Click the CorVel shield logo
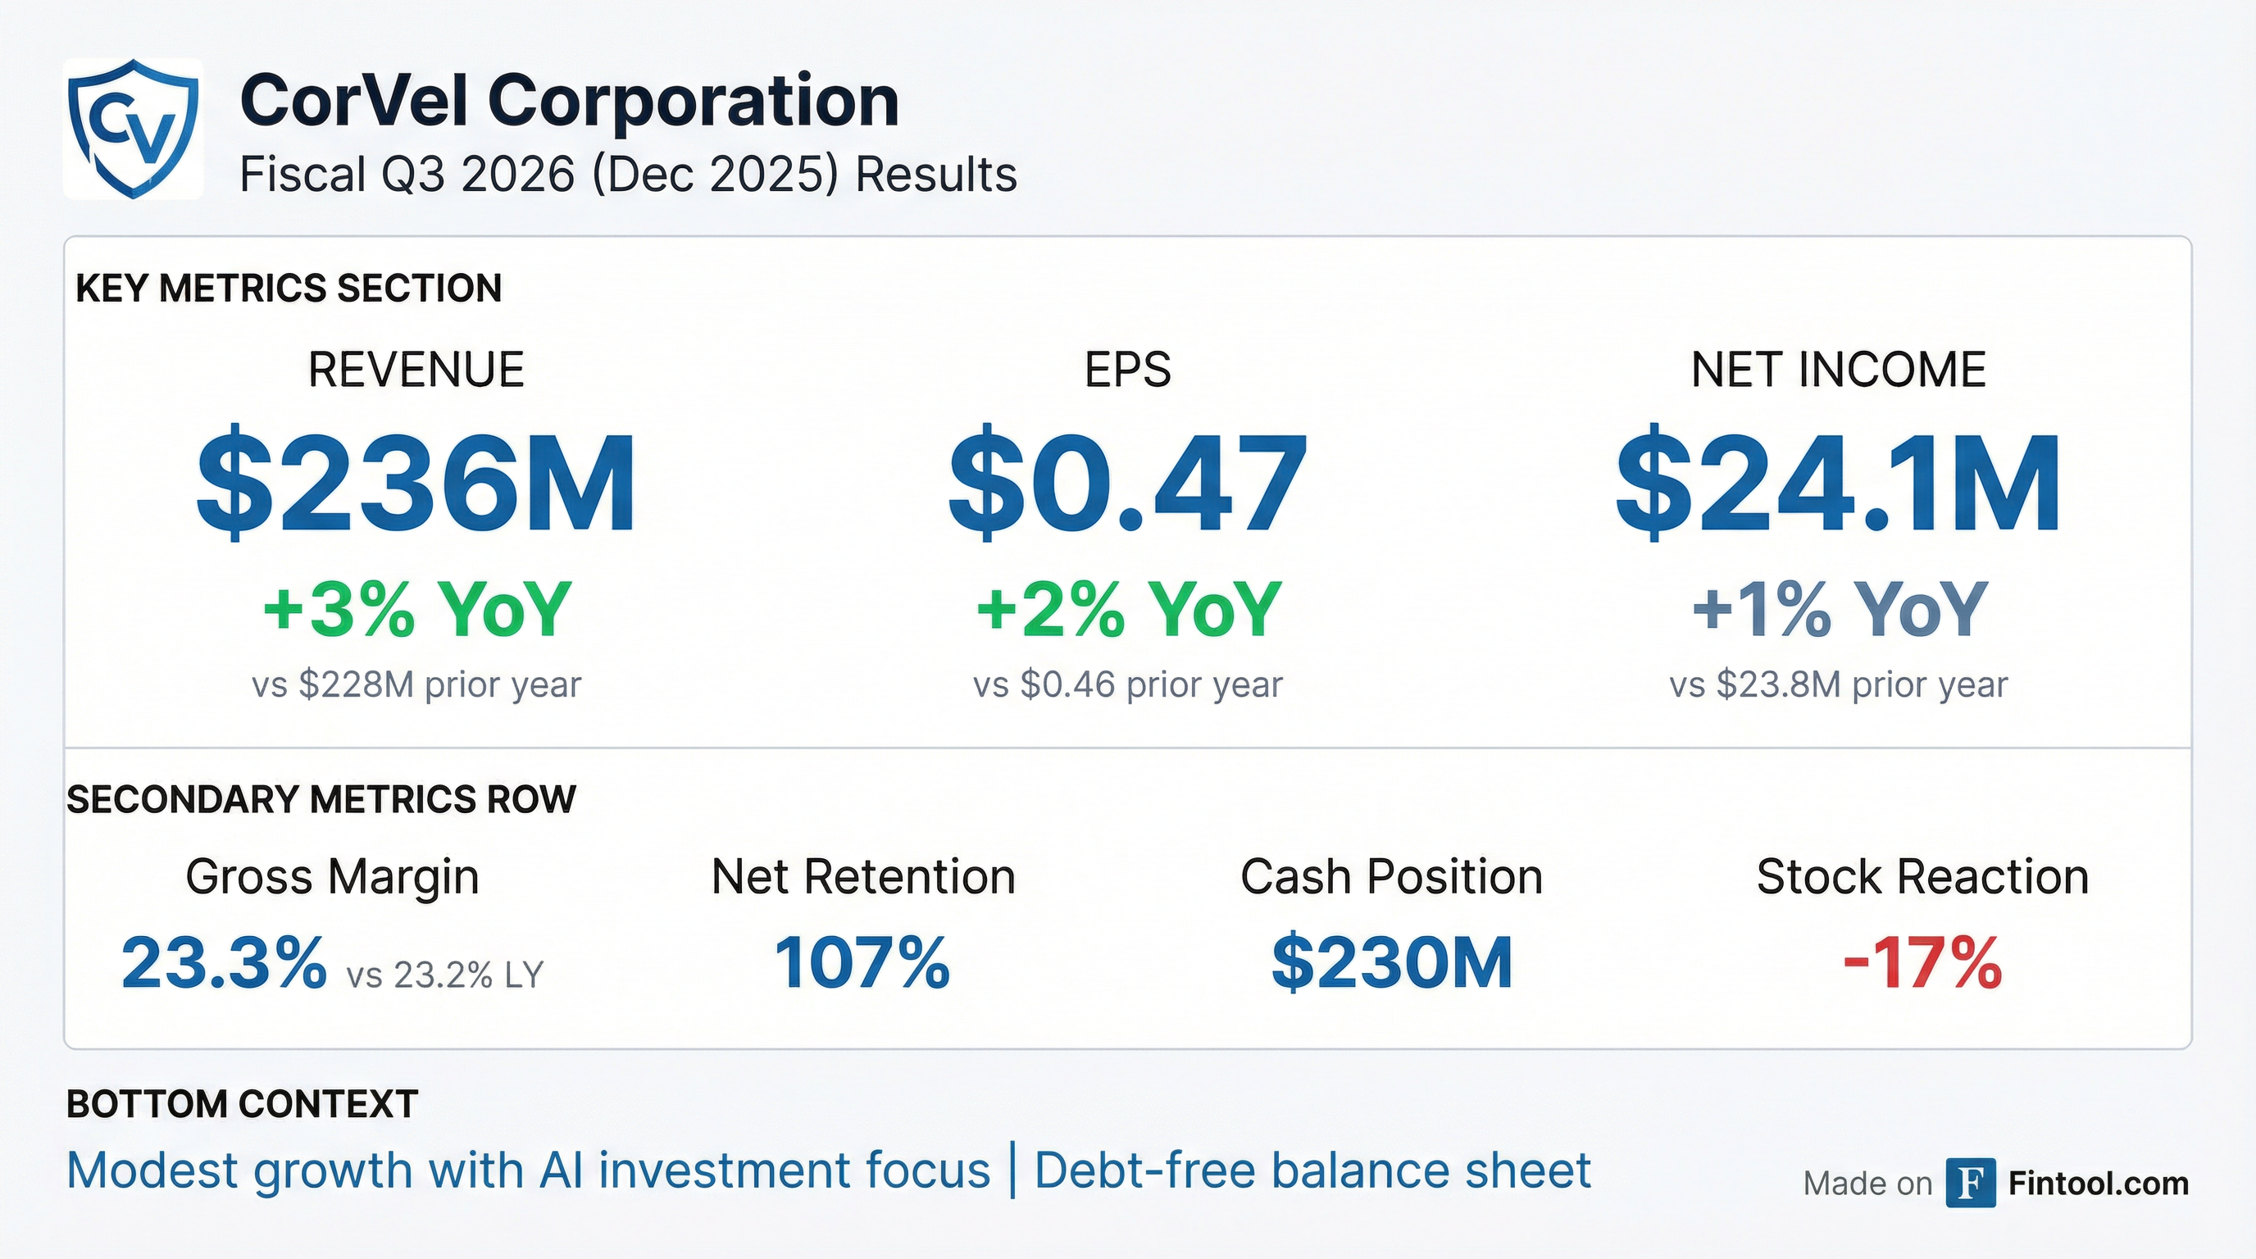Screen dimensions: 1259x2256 (x=133, y=129)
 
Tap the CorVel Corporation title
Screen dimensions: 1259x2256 (x=569, y=101)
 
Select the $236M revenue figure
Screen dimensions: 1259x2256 (x=416, y=484)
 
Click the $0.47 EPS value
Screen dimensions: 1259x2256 (x=1127, y=484)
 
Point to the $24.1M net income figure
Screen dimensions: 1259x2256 (x=1837, y=484)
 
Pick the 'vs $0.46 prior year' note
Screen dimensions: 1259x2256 (x=1127, y=684)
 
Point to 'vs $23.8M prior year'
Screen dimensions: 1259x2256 (x=1838, y=684)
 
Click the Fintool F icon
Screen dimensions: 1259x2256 (x=1971, y=1183)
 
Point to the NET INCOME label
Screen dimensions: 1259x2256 (x=1838, y=370)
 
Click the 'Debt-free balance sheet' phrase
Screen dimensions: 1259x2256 (x=1312, y=1170)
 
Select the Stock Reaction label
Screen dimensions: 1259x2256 (x=1922, y=876)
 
